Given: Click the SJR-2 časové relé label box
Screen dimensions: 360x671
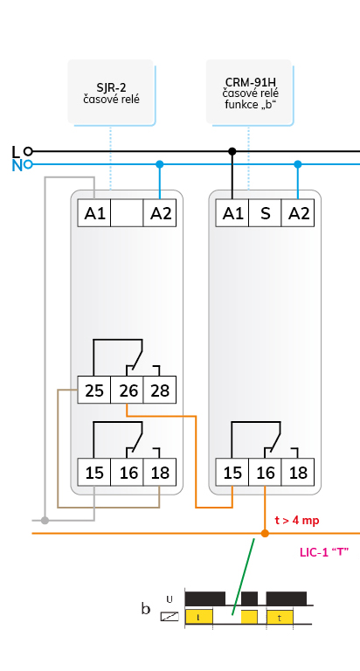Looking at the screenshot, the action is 110,92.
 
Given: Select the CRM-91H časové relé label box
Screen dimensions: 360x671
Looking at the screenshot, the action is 249,92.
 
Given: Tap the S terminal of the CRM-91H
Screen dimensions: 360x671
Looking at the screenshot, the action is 265,212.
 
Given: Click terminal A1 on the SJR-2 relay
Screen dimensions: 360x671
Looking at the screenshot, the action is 94,212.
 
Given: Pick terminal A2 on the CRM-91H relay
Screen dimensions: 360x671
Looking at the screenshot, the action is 298,212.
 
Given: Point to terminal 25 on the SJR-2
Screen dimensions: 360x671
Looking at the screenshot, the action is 94,390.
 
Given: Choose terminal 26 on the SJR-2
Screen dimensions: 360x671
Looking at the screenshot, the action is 127,390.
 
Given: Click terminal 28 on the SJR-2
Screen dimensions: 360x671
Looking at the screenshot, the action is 160,390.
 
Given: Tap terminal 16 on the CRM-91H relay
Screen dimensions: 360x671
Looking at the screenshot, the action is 265,473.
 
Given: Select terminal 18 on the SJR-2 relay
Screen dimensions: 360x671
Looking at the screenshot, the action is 160,473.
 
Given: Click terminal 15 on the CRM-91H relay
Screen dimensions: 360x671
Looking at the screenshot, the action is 232,473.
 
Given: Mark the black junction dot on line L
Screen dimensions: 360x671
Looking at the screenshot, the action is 232,151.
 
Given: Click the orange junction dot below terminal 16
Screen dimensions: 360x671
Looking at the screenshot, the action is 265,533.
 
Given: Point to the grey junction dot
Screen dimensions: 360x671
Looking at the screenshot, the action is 45,521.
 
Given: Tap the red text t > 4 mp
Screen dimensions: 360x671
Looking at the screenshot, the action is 296,521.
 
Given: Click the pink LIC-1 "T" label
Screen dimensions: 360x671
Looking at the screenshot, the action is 324,552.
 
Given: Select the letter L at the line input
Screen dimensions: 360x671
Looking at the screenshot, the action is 16,152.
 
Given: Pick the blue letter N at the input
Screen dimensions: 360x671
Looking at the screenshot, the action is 17,166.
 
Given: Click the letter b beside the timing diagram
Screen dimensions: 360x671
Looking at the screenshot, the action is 146,608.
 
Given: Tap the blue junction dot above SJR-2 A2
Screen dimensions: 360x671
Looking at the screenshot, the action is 160,164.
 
